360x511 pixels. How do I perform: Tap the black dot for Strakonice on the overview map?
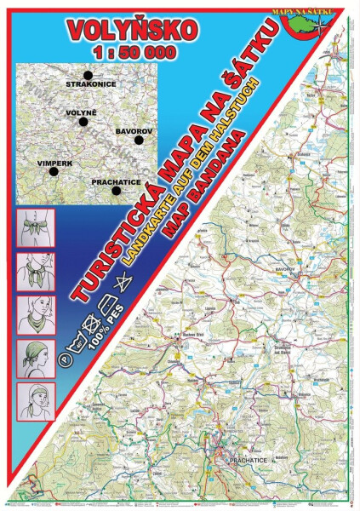click(89, 76)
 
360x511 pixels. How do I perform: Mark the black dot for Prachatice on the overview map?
click(116, 192)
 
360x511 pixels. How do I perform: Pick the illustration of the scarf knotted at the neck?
click(36, 270)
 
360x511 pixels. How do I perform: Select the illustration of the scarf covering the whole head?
click(36, 356)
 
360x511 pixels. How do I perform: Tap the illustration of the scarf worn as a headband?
click(36, 399)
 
